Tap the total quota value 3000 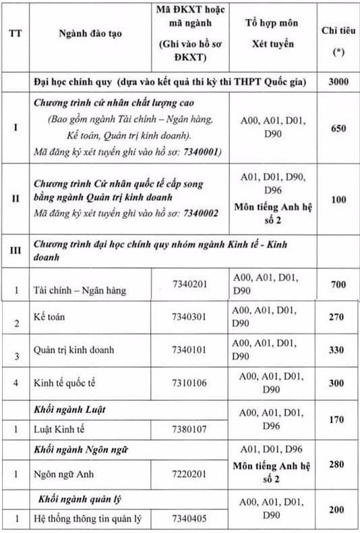click(x=338, y=82)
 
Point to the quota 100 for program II click(x=338, y=199)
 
